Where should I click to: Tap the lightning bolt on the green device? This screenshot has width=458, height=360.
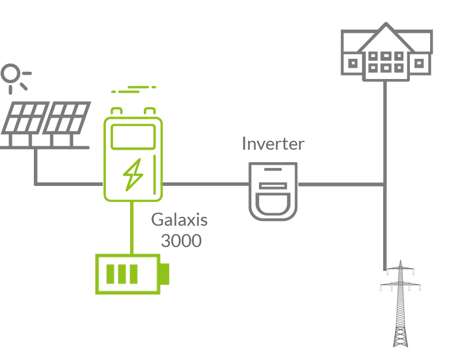click(x=132, y=173)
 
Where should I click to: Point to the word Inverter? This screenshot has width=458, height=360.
click(x=273, y=144)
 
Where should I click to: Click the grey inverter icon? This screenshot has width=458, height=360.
click(x=272, y=191)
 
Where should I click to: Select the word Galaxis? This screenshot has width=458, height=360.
click(x=179, y=220)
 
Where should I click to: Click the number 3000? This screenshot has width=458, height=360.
click(x=181, y=241)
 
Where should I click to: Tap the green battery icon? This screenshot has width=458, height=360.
click(x=129, y=274)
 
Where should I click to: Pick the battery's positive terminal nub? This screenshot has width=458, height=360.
click(x=165, y=274)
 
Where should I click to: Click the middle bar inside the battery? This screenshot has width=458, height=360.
click(x=122, y=274)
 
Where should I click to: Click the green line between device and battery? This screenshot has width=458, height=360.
click(x=131, y=229)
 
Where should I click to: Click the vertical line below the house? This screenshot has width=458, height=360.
click(x=385, y=131)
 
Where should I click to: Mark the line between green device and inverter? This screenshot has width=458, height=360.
click(x=205, y=184)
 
